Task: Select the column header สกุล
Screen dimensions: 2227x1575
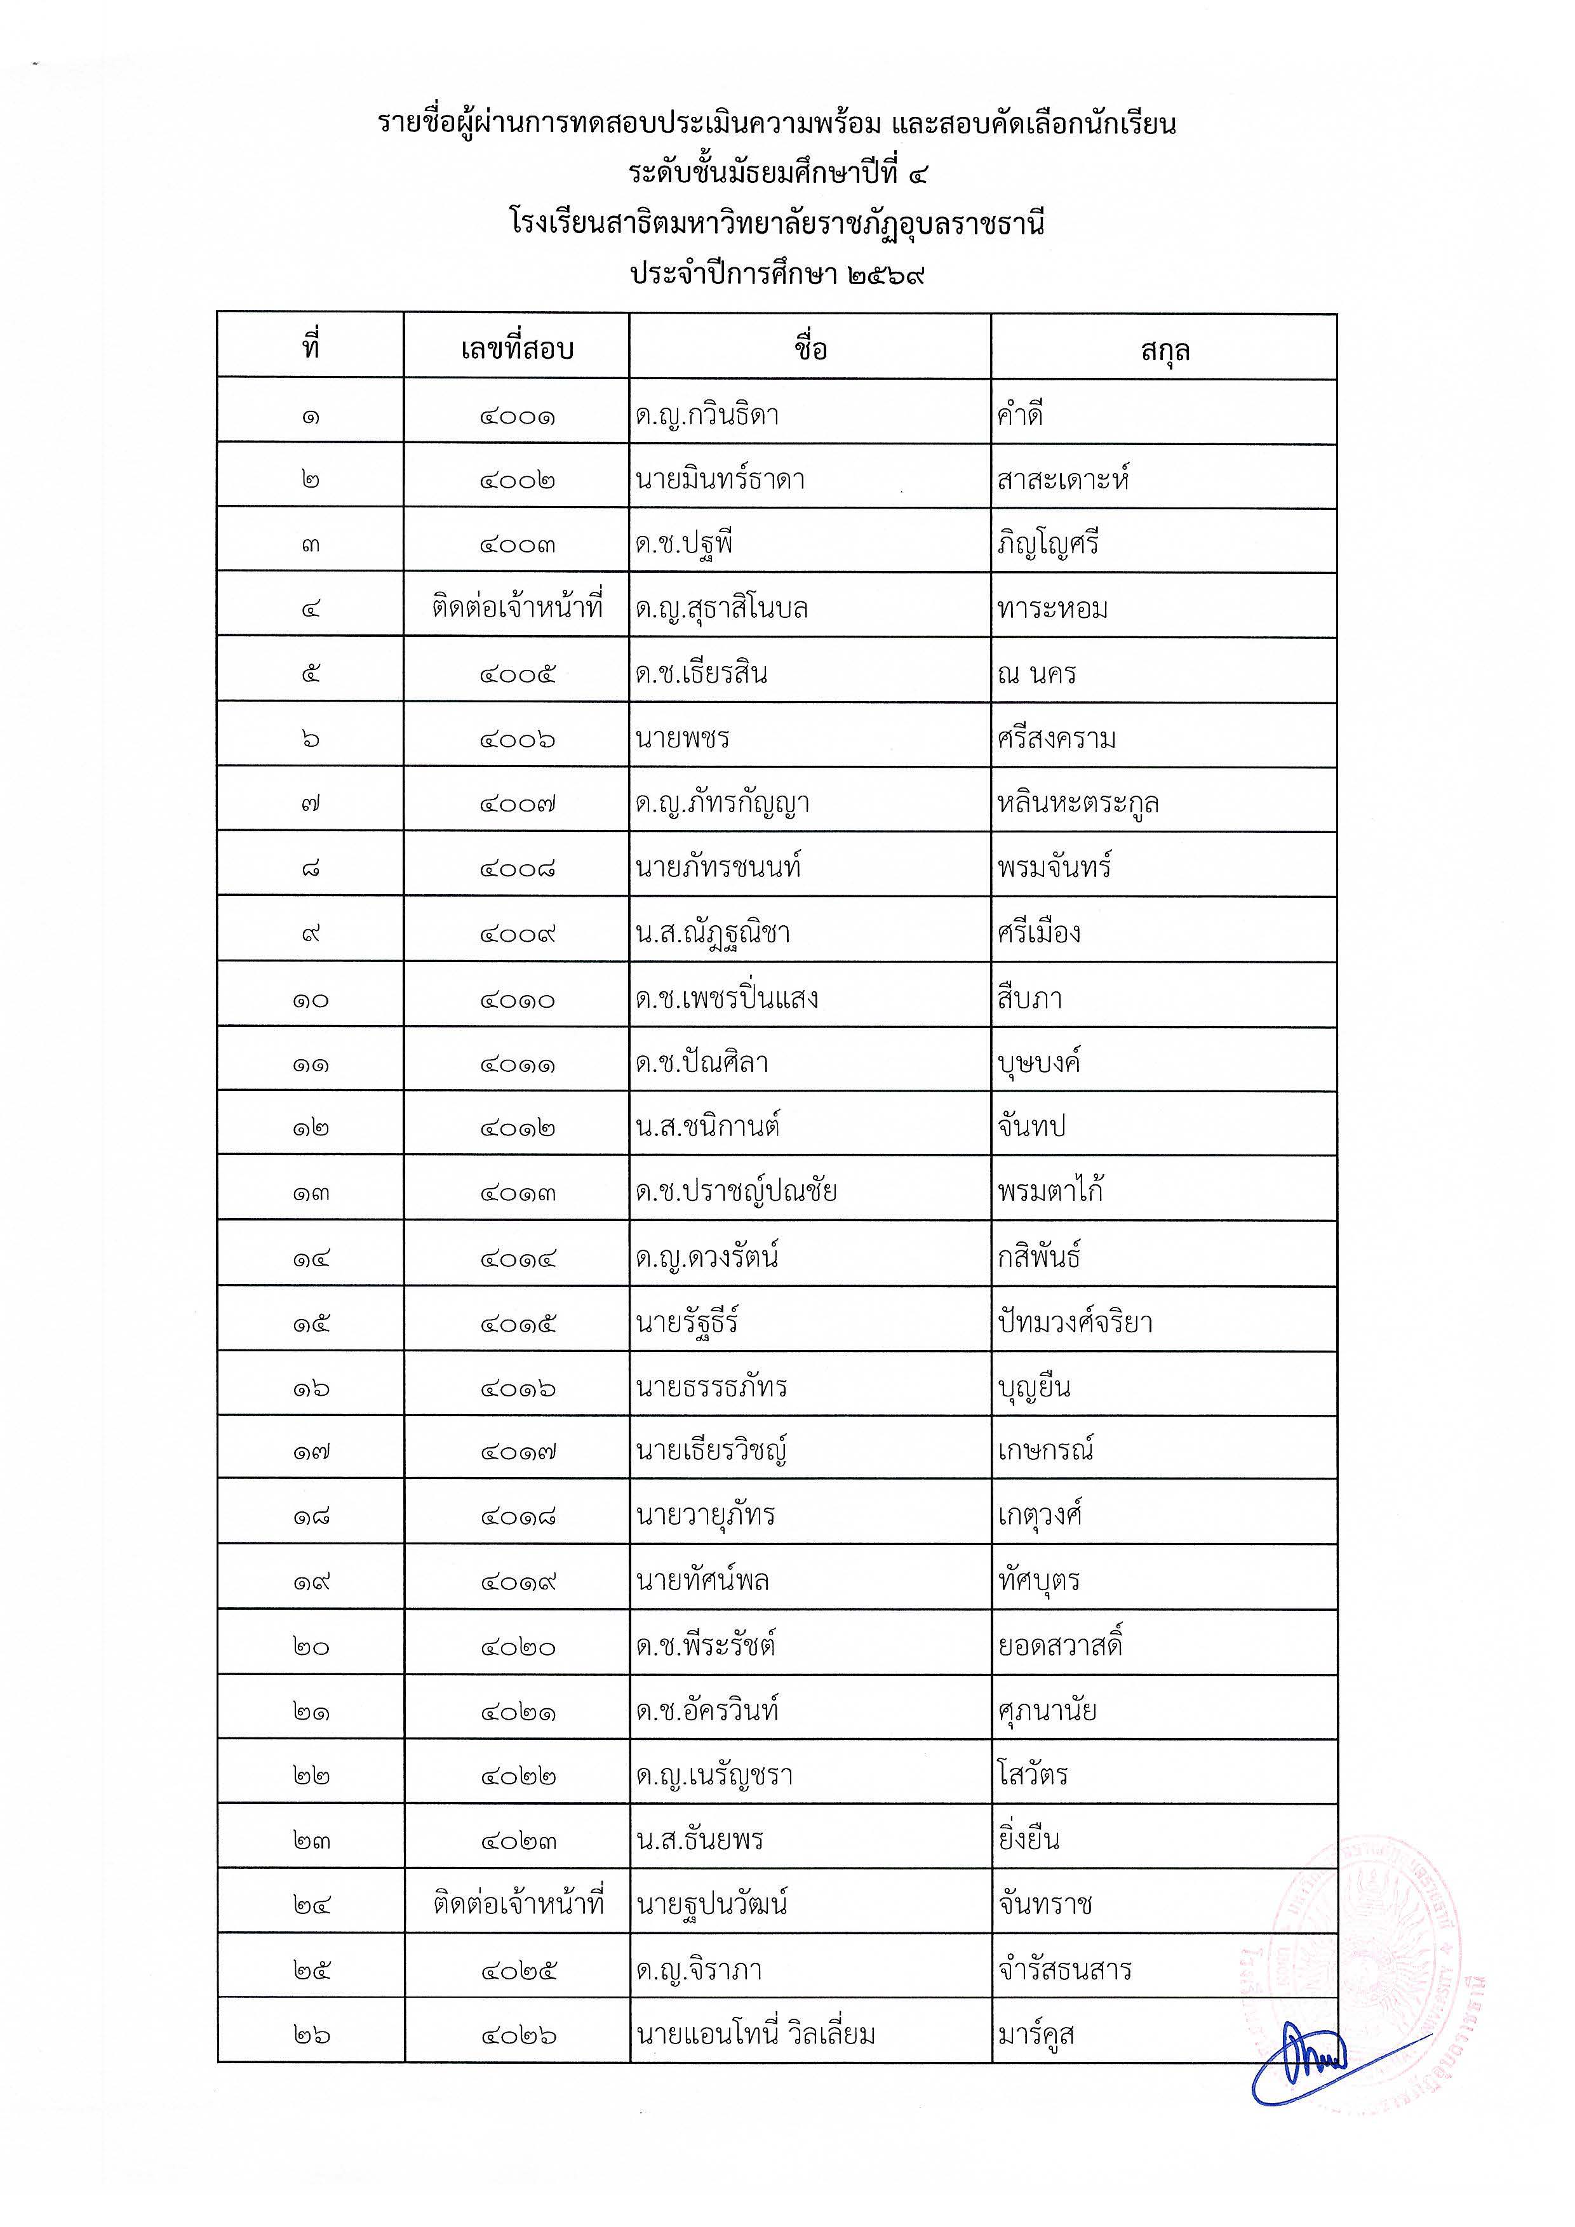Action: click(x=1164, y=350)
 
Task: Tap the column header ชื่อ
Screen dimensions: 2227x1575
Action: click(x=810, y=348)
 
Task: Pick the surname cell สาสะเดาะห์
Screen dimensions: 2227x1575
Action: click(x=1063, y=479)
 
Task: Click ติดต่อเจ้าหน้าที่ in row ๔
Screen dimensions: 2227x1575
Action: click(x=517, y=609)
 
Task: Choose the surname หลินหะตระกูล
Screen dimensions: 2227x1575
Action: click(x=1078, y=804)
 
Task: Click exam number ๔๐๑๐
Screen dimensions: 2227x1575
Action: click(x=517, y=999)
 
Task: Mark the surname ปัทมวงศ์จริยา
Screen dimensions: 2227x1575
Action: click(x=1075, y=1323)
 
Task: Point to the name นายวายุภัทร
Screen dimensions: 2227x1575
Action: click(x=705, y=1516)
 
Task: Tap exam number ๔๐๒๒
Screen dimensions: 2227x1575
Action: click(x=517, y=1776)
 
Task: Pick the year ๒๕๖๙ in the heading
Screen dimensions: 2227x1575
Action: click(x=885, y=274)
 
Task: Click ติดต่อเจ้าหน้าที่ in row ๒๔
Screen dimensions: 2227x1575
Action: click(x=517, y=1905)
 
